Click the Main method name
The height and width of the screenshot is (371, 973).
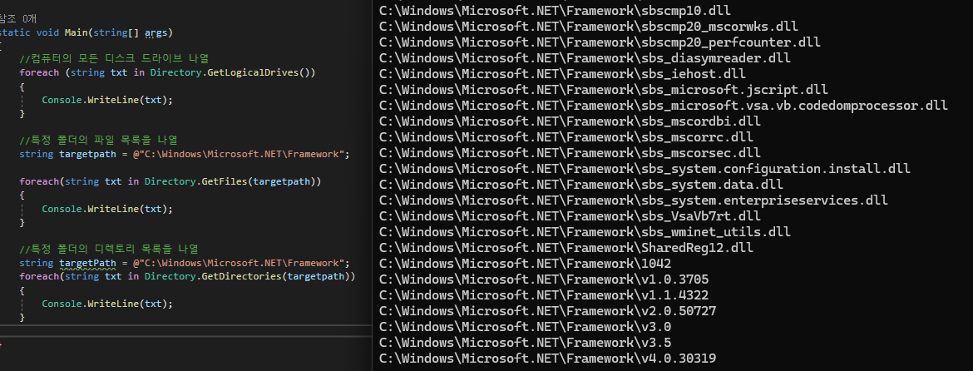click(79, 33)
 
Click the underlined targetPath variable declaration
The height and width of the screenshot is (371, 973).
click(86, 263)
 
